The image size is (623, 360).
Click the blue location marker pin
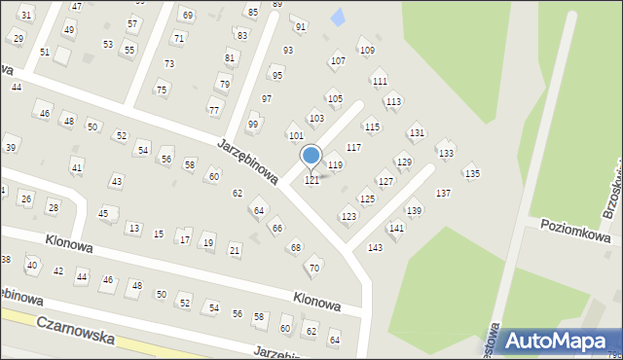(311, 156)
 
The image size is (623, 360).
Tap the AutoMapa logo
(561, 341)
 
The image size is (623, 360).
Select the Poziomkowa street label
(576, 236)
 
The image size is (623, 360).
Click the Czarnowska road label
(75, 330)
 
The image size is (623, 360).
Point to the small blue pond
(338, 17)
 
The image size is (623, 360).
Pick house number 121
(312, 180)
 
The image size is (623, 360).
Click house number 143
(375, 248)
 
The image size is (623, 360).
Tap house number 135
(472, 173)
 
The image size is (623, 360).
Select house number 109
(367, 50)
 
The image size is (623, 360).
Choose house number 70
(313, 268)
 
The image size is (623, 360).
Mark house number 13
(133, 228)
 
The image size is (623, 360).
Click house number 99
(253, 125)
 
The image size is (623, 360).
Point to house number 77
(214, 109)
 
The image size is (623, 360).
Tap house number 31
(26, 15)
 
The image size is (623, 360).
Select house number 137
(443, 194)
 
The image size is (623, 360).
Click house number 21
(235, 250)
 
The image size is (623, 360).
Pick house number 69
(187, 16)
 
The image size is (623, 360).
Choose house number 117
(353, 147)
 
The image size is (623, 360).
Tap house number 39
(11, 147)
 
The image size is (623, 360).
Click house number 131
(417, 132)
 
